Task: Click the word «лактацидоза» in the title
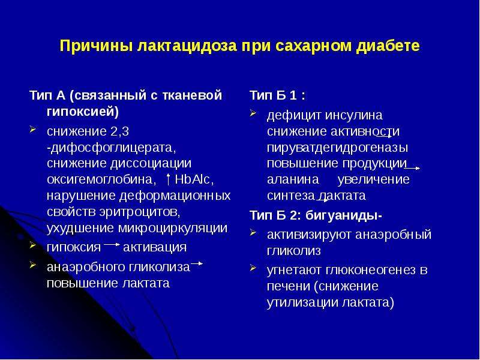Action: [x=188, y=46]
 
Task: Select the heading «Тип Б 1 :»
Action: [x=277, y=95]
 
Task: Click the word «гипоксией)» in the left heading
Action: [x=83, y=112]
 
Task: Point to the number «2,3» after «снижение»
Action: [x=119, y=131]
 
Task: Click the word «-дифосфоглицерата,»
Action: [x=112, y=148]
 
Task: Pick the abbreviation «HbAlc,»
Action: [x=194, y=179]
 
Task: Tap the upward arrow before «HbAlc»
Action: [x=168, y=179]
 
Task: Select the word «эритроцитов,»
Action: [x=140, y=212]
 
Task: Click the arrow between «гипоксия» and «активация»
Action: [x=112, y=245]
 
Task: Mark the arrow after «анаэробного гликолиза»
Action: [x=197, y=263]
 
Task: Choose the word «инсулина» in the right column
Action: [x=353, y=116]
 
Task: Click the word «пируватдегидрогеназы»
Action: [x=337, y=148]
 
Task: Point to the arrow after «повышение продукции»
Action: [x=412, y=168]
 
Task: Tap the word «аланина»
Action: [x=293, y=179]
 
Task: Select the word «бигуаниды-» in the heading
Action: [x=343, y=215]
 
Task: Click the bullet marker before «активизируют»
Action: [x=253, y=233]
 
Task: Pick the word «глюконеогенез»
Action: [x=370, y=270]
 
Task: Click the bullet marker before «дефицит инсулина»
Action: [x=253, y=113]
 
